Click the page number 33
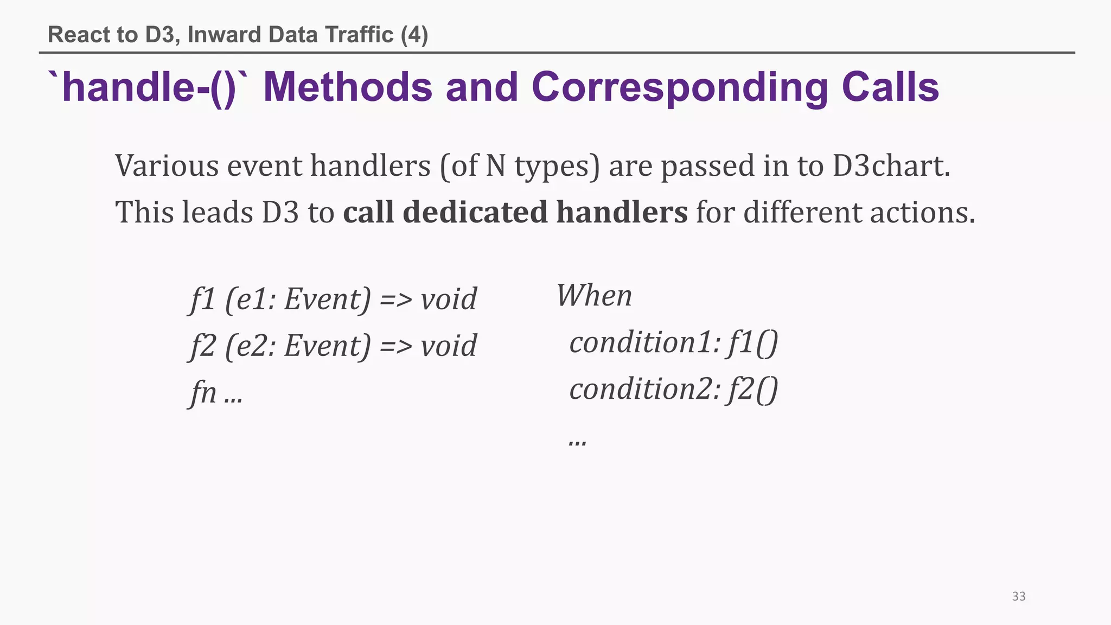pyautogui.click(x=1018, y=596)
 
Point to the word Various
pyautogui.click(x=167, y=165)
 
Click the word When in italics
pyautogui.click(x=594, y=296)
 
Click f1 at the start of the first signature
pyautogui.click(x=202, y=299)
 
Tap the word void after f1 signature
pyautogui.click(x=449, y=299)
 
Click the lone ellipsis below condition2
pyautogui.click(x=577, y=440)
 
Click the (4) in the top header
pyautogui.click(x=414, y=35)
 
